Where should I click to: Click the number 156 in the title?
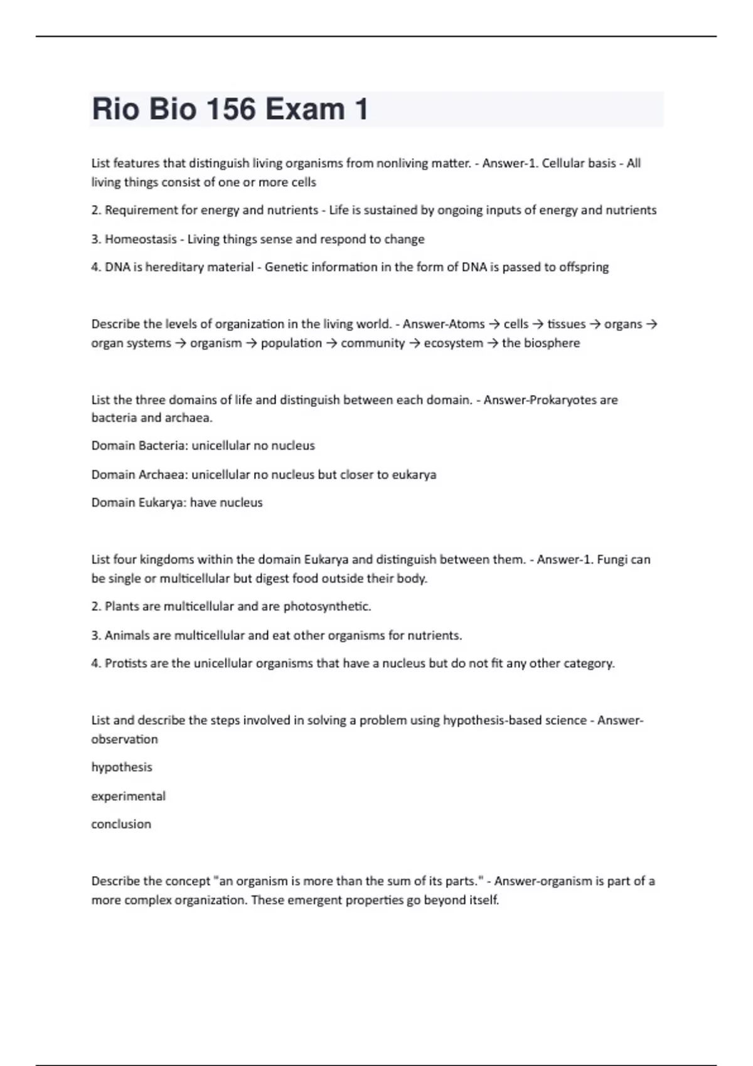[x=230, y=109]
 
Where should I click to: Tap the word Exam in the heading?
[x=305, y=109]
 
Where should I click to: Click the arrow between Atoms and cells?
[x=494, y=324]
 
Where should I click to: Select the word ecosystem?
[x=454, y=343]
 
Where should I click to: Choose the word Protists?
[x=125, y=663]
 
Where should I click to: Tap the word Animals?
[x=127, y=635]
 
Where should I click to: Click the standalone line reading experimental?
[x=128, y=796]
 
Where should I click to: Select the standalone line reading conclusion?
[x=121, y=824]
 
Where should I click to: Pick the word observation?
[x=124, y=739]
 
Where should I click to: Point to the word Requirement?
[x=141, y=210]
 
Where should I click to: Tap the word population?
[x=291, y=343]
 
